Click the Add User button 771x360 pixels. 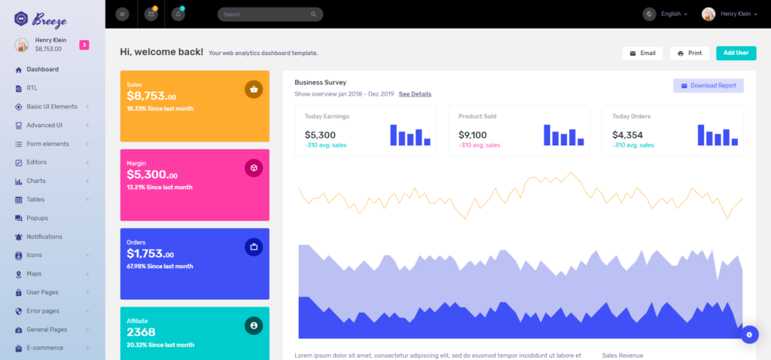point(736,53)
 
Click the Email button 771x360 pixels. point(642,53)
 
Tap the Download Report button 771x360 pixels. point(709,86)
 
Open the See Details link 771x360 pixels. point(415,94)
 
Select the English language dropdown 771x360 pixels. point(670,14)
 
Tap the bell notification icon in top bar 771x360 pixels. point(178,14)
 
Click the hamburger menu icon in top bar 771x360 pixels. point(123,14)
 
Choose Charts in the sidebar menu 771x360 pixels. point(36,181)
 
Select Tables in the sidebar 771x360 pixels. point(35,200)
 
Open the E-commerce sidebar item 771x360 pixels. point(44,348)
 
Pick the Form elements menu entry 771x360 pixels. point(47,144)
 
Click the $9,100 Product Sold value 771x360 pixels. point(473,135)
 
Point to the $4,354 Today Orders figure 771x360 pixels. point(627,135)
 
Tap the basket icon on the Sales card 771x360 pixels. point(254,90)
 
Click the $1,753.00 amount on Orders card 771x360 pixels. point(151,255)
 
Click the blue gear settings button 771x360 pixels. point(749,334)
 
